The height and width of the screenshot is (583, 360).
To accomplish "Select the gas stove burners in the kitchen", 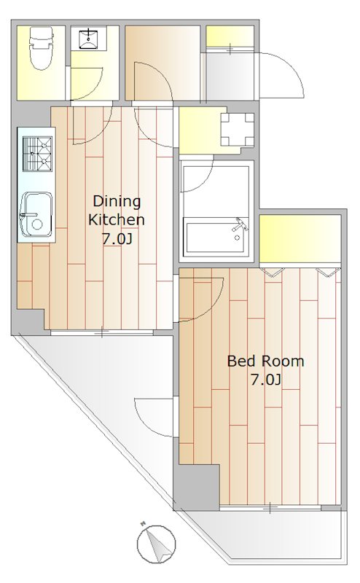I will click(37, 154).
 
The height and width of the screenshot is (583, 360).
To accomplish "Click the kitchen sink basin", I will click(36, 214).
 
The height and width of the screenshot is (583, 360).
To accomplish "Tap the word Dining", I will click(117, 201).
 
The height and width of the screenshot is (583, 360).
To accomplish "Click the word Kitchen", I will click(117, 219).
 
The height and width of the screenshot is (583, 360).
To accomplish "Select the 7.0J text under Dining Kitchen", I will click(117, 238).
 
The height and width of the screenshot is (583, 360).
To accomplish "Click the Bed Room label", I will click(265, 361).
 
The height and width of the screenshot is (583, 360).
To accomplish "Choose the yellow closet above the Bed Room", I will click(300, 239).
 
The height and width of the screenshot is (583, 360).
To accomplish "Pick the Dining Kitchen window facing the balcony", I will click(102, 334).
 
